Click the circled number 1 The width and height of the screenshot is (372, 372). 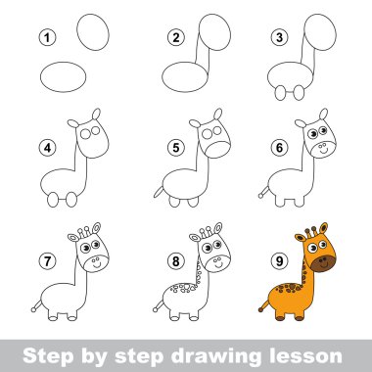(48, 37)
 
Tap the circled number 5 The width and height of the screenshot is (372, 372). (176, 148)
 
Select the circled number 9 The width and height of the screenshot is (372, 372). (279, 261)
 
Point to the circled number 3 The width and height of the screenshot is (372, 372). (279, 37)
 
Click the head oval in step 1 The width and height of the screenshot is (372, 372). (93, 32)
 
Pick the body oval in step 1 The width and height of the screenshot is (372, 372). (64, 77)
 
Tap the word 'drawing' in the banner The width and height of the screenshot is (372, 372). (216, 356)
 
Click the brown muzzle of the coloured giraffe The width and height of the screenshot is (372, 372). (323, 263)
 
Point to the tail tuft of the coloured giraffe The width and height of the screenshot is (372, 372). (260, 309)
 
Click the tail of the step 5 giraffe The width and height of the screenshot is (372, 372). (159, 192)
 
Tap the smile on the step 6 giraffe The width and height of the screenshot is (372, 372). (323, 152)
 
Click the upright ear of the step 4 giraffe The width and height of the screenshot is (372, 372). (96, 115)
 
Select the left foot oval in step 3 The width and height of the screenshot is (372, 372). (280, 93)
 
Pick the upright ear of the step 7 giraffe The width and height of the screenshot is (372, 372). (97, 228)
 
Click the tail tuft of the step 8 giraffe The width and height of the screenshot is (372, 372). (156, 309)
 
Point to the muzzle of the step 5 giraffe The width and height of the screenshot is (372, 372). (218, 150)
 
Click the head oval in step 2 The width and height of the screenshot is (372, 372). (214, 32)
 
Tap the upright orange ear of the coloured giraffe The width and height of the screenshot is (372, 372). (323, 228)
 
